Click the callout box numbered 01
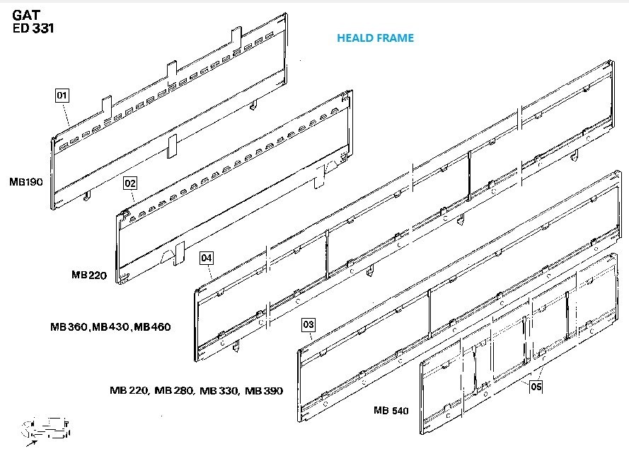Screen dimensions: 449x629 [x=62, y=94]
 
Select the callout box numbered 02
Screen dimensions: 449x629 [x=129, y=183]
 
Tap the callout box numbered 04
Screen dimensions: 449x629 [x=206, y=258]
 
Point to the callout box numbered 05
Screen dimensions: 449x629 [x=536, y=387]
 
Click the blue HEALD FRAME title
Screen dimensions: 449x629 [x=375, y=38]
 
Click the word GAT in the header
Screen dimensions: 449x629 [x=28, y=14]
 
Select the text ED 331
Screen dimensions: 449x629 [x=34, y=29]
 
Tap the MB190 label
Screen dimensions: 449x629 [x=26, y=182]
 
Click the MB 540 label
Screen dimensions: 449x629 [x=391, y=410]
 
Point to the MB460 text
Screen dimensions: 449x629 [x=152, y=327]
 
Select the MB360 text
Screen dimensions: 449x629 [x=70, y=327]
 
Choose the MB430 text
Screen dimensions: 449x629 [x=111, y=327]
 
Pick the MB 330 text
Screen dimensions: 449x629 [x=219, y=390]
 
